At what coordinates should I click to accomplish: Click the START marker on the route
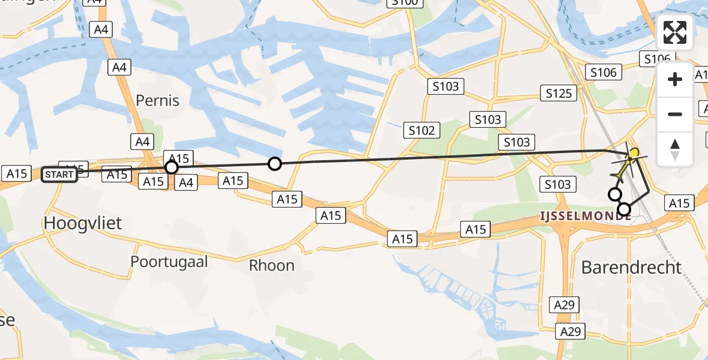click(x=59, y=175)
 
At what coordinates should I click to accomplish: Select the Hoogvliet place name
click(x=83, y=223)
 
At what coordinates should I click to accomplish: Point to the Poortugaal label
click(x=169, y=262)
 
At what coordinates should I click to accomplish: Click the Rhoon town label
click(x=272, y=265)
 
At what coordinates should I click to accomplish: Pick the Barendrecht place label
click(x=631, y=267)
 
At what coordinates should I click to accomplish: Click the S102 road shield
click(x=422, y=130)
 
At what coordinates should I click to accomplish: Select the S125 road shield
click(x=559, y=93)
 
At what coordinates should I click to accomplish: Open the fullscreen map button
click(x=675, y=32)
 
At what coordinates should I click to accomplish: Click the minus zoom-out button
click(x=675, y=114)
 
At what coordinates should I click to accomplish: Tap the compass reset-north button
click(x=675, y=148)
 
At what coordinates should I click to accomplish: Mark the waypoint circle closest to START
click(x=172, y=167)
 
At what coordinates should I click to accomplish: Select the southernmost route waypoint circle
click(x=625, y=209)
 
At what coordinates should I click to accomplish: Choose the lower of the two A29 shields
click(x=570, y=331)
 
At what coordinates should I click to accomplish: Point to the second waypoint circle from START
click(x=274, y=163)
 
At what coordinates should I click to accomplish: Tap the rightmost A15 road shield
click(x=679, y=203)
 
